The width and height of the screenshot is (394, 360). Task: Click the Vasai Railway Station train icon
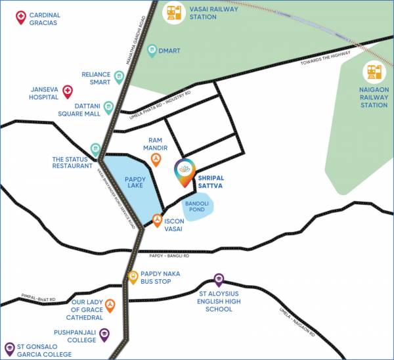click(x=174, y=14)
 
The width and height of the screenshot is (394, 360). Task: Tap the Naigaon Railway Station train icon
click(x=374, y=72)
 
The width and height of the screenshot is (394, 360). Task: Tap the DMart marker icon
click(x=152, y=50)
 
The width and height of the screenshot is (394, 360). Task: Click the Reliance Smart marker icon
click(x=119, y=77)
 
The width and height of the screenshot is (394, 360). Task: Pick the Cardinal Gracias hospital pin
click(x=21, y=17)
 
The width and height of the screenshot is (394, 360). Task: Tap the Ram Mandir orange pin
click(x=156, y=160)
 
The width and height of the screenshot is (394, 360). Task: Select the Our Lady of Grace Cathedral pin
click(x=110, y=305)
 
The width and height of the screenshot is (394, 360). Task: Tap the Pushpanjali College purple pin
click(x=104, y=335)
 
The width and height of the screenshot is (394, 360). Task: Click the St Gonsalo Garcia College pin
click(x=9, y=348)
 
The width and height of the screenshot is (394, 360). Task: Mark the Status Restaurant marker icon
click(x=96, y=150)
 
